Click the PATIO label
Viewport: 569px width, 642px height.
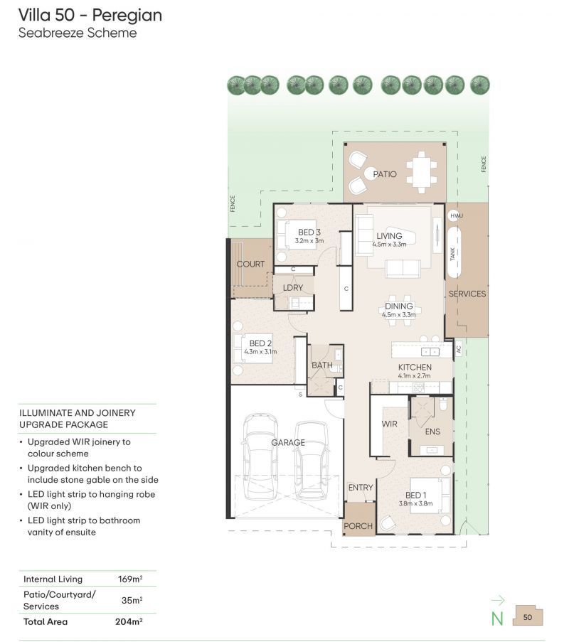(x=385, y=173)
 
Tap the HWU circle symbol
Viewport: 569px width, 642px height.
(x=456, y=215)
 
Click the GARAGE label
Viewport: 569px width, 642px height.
(x=287, y=442)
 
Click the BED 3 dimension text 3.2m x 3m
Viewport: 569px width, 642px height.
(x=309, y=241)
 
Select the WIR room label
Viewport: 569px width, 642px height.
(x=389, y=424)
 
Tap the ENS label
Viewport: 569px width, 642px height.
(x=432, y=432)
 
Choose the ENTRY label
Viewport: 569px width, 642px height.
(x=361, y=488)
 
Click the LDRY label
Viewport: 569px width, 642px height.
(x=293, y=288)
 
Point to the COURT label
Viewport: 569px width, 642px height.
(x=250, y=264)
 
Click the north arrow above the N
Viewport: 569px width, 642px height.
(x=498, y=600)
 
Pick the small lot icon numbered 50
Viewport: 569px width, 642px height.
(x=528, y=616)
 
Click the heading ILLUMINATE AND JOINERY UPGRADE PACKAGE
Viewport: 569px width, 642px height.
(x=77, y=418)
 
